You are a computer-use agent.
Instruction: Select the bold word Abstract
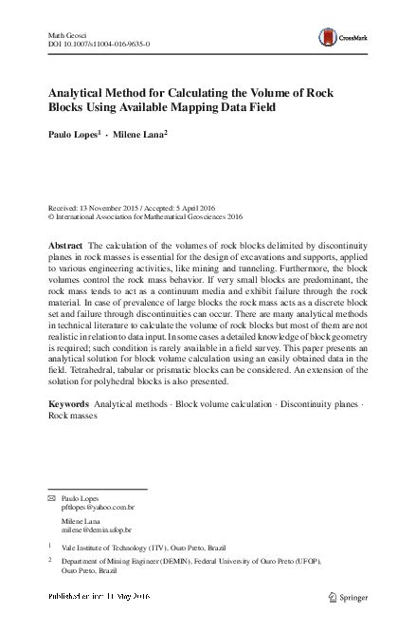click(x=65, y=245)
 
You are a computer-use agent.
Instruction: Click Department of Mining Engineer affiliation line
click(x=190, y=562)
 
